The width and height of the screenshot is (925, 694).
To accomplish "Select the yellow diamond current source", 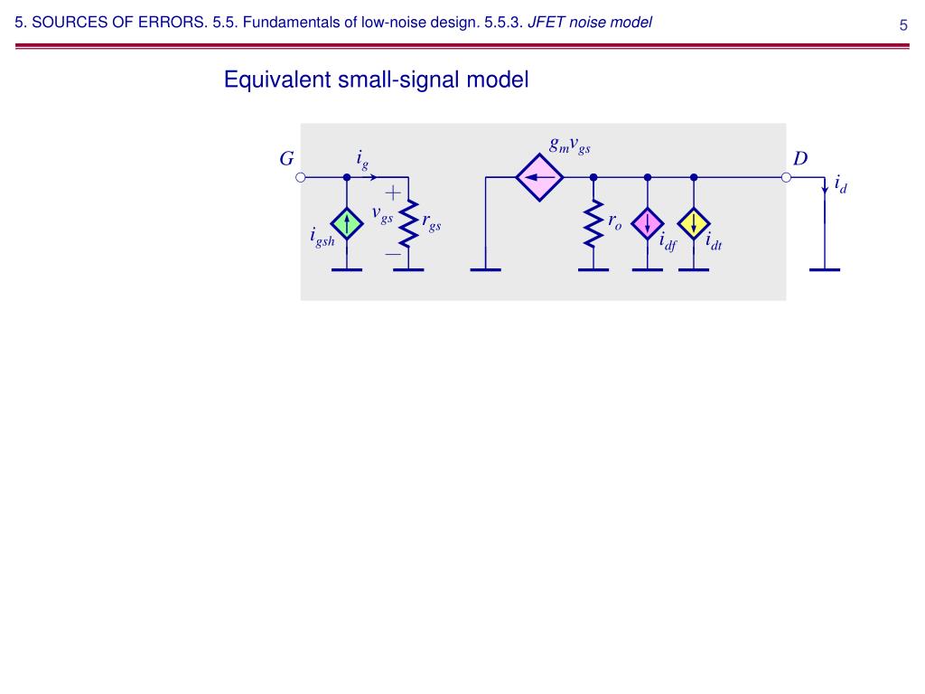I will pyautogui.click(x=694, y=223).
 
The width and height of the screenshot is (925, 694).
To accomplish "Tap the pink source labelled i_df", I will pyautogui.click(x=648, y=223).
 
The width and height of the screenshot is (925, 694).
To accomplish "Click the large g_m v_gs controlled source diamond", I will pyautogui.click(x=539, y=177).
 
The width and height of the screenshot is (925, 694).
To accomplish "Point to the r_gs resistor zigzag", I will pyautogui.click(x=409, y=224).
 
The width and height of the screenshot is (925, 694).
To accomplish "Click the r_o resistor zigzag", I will pyautogui.click(x=593, y=223).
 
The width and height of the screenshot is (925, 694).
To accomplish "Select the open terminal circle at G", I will pyautogui.click(x=302, y=178).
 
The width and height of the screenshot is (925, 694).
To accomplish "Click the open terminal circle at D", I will pyautogui.click(x=786, y=178).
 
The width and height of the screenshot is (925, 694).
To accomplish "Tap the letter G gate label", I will pyautogui.click(x=286, y=159).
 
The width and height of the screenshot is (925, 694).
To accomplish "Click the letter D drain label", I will pyautogui.click(x=800, y=159).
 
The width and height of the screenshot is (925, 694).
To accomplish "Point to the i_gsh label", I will pyautogui.click(x=322, y=239).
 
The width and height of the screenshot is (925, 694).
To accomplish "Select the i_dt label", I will pyautogui.click(x=714, y=241).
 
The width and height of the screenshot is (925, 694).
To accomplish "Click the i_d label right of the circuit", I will pyautogui.click(x=840, y=185).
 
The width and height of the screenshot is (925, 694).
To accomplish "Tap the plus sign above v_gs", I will pyautogui.click(x=393, y=192).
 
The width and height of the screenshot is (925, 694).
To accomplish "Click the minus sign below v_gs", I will pyautogui.click(x=393, y=256).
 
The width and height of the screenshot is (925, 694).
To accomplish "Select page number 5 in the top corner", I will pyautogui.click(x=902, y=24).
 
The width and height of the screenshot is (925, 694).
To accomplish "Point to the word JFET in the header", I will pyautogui.click(x=547, y=23).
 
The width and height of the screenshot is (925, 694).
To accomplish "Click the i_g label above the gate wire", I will pyautogui.click(x=362, y=161).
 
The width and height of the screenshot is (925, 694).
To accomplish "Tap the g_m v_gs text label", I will pyautogui.click(x=569, y=145).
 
